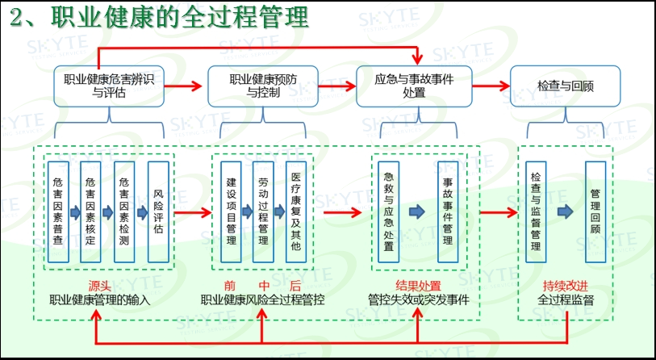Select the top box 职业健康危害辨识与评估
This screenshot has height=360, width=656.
[109, 86]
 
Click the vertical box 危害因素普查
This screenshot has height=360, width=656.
[57, 211]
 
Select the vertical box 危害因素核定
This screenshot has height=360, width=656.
[90, 211]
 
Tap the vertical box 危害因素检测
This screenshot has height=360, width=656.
[124, 211]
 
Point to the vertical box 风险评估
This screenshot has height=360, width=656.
[158, 211]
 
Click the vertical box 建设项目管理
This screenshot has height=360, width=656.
[231, 211]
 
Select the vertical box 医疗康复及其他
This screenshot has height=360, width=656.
[296, 211]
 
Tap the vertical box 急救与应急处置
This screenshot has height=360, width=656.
[389, 211]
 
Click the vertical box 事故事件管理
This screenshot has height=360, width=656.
[447, 211]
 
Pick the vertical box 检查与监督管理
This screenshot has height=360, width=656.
[536, 211]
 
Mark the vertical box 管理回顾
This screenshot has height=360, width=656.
[595, 211]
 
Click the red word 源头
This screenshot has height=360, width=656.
[100, 285]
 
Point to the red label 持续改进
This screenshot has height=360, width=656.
[566, 285]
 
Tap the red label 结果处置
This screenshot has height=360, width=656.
[418, 285]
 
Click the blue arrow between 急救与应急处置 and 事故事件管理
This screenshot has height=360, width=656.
[418, 211]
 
